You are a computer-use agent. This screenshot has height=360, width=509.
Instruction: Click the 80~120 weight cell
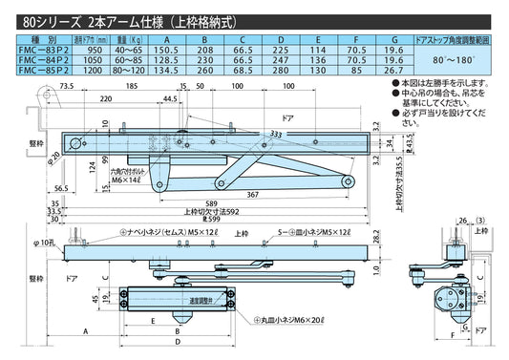[128, 69]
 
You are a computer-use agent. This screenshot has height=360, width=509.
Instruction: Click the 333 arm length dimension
[275, 134]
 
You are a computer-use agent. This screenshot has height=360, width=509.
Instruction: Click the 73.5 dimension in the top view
[68, 87]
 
